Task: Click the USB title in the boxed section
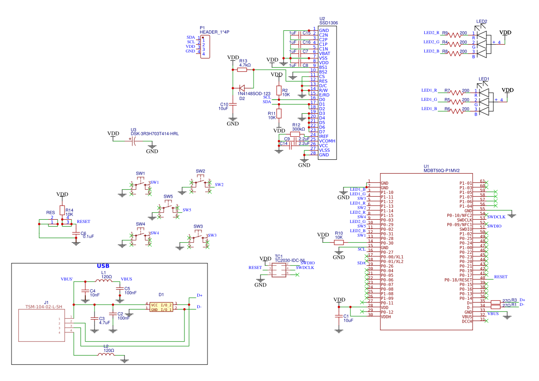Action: coord(103,266)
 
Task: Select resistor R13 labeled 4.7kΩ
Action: coord(243,70)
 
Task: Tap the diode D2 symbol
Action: coord(243,88)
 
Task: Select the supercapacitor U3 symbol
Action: coord(134,141)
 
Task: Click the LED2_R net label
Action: coord(432,33)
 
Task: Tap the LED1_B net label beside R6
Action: coord(429,109)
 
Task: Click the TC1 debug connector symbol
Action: coord(278,271)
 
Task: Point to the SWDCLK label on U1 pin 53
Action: coord(496,217)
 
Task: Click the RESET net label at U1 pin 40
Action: coord(500,277)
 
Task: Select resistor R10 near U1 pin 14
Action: coord(339,242)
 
